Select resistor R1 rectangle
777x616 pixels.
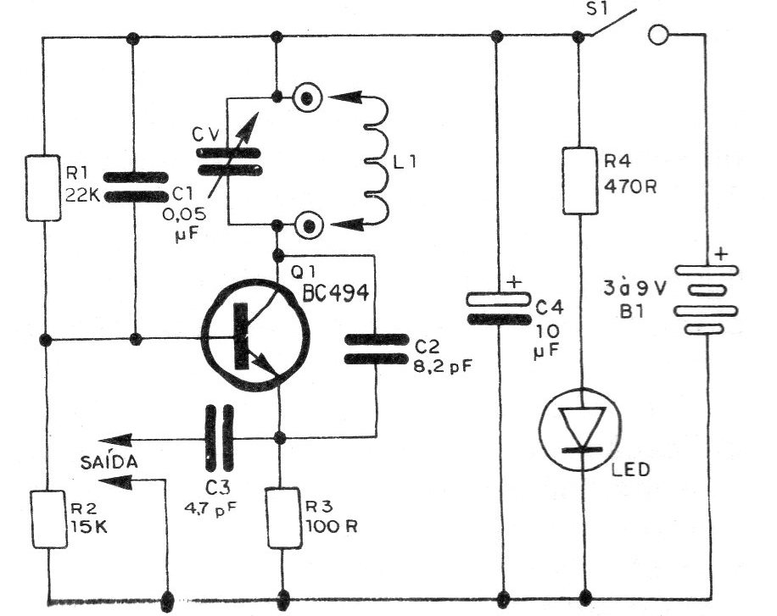[x=42, y=187]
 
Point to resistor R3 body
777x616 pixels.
[x=281, y=517]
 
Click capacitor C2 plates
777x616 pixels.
[x=374, y=347]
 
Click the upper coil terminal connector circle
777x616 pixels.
[x=306, y=98]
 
